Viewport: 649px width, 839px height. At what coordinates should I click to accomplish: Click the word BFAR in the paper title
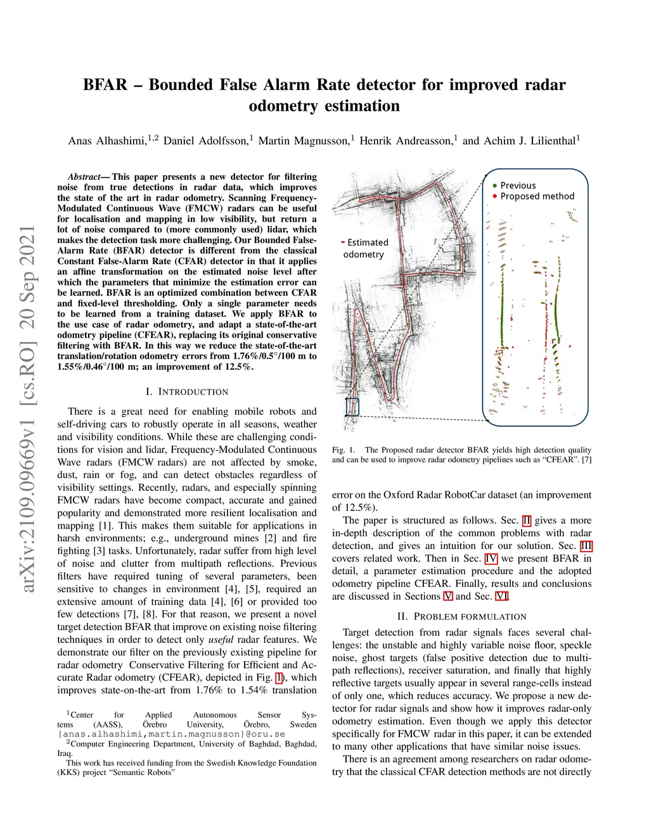coord(105,85)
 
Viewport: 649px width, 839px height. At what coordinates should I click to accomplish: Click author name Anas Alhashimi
coord(107,141)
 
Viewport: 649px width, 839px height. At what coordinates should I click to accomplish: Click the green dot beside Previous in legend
coord(494,186)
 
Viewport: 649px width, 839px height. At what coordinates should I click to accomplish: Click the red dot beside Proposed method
coord(494,196)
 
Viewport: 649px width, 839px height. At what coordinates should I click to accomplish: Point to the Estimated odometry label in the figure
coord(364,248)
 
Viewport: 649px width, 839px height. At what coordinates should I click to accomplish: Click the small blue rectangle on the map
coord(352,407)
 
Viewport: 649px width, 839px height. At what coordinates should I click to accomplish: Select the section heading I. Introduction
coord(186,392)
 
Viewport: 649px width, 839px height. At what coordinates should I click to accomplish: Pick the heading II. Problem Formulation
coord(461,617)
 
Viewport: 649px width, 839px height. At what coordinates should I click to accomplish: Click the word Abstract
coord(84,177)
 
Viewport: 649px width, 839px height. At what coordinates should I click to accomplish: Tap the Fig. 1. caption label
coord(344,450)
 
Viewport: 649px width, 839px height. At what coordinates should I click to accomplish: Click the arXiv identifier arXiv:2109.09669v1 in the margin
coord(28,484)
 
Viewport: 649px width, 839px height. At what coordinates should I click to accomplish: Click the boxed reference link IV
coord(491,558)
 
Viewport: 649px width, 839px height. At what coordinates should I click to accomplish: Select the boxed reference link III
coord(586,546)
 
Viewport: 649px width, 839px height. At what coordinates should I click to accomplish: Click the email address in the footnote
coord(171,735)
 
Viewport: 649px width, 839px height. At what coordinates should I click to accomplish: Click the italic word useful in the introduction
coord(221,640)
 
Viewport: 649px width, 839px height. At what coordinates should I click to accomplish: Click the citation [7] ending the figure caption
coord(586,460)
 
